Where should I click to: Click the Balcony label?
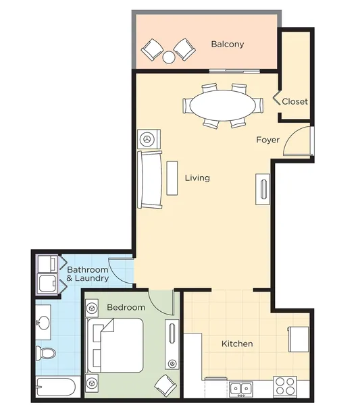pos(228,45)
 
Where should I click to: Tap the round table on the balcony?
pos(169,57)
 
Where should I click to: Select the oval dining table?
pos(222,105)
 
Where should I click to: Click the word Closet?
pos(295,101)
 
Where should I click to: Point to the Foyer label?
pos(268,140)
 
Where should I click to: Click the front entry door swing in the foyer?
pos(297,141)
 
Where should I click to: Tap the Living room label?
pos(197,178)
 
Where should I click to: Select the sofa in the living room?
pos(150,180)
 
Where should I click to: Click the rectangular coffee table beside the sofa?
pos(172,178)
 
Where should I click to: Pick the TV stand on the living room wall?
pos(263,189)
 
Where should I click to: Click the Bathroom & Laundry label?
pos(88,274)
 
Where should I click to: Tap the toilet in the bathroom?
pos(45,353)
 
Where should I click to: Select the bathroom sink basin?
pos(44,323)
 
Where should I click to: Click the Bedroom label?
pos(126,307)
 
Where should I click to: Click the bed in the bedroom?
pos(115,345)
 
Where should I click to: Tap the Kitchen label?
pos(237,344)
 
